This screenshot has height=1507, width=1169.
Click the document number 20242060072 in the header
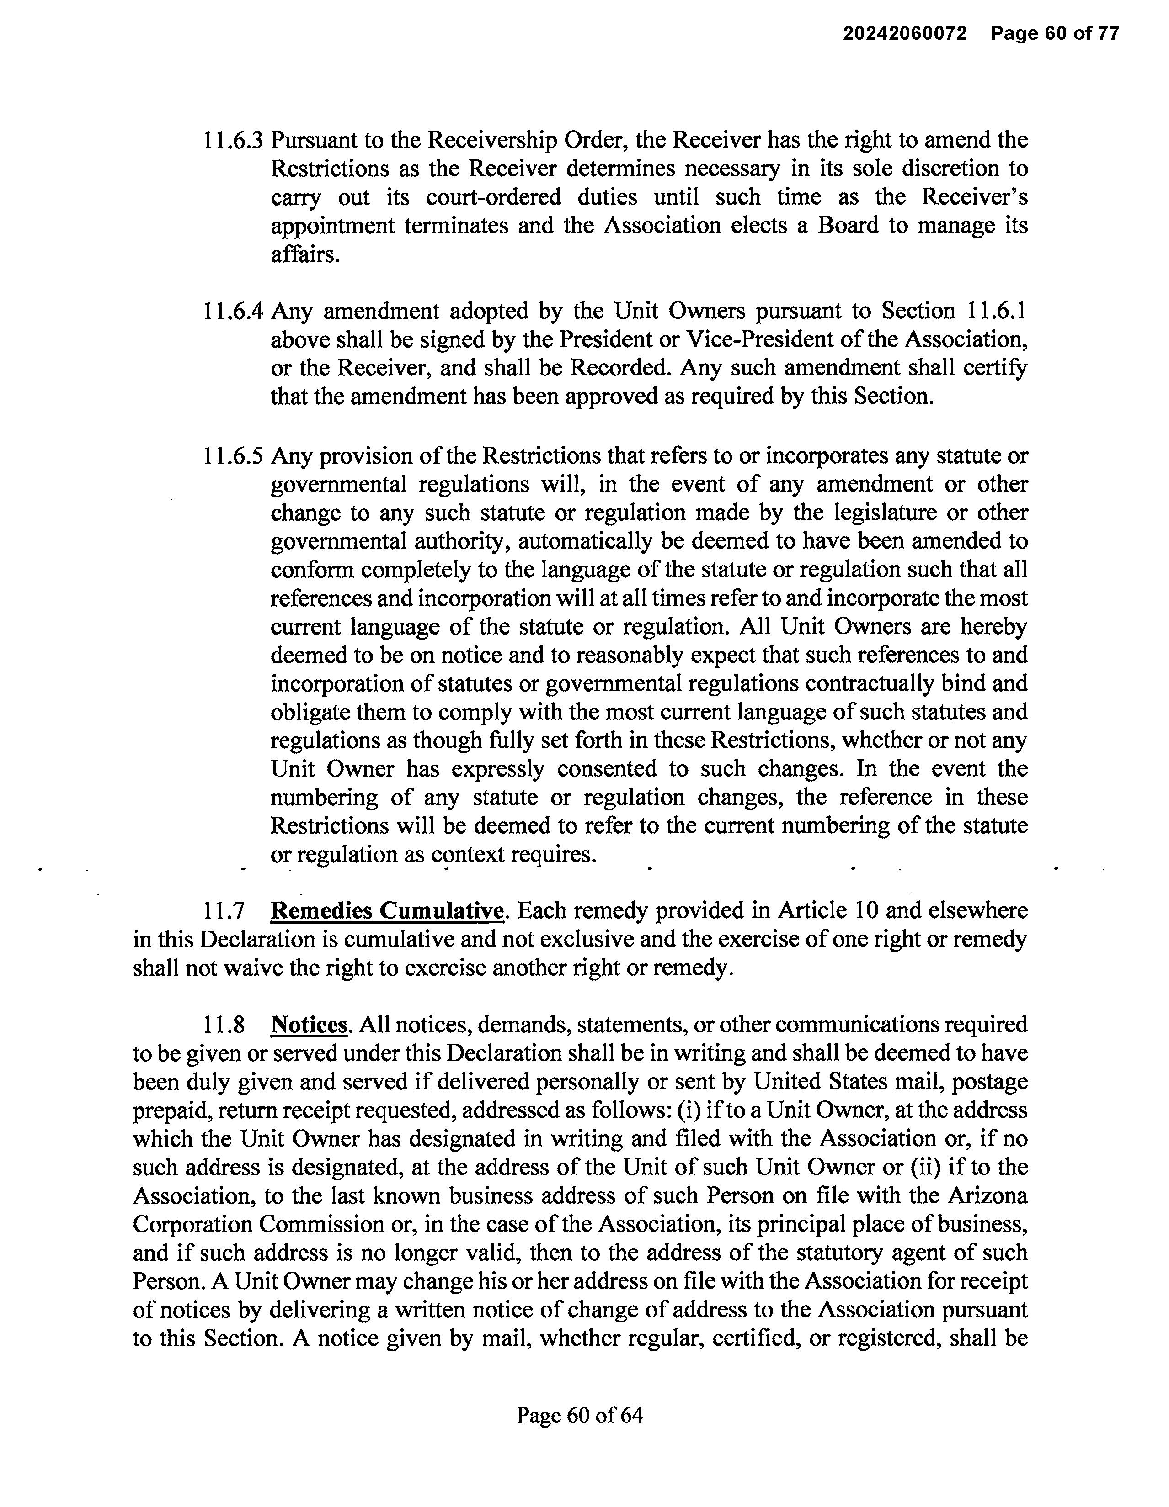pyautogui.click(x=905, y=33)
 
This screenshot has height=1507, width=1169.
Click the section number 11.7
pyautogui.click(x=224, y=911)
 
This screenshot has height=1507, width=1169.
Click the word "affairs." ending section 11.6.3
pyautogui.click(x=305, y=254)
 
